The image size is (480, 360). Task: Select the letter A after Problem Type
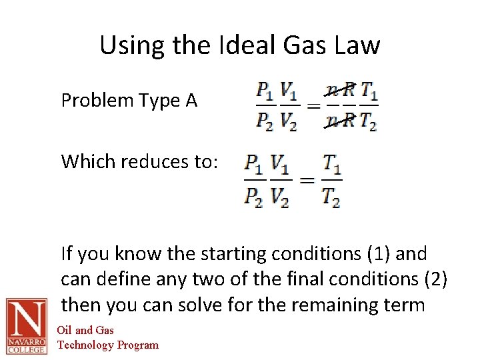191,101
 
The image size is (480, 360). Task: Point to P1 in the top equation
265,90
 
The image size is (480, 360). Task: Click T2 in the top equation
369,121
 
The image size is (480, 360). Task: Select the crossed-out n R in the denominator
340,121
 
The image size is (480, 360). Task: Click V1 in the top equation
289,90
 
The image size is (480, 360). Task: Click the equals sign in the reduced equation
306,179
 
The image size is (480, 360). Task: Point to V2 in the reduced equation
280,196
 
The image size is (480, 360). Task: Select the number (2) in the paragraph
435,279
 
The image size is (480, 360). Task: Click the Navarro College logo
26,326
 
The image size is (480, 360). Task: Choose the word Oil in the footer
64,330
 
